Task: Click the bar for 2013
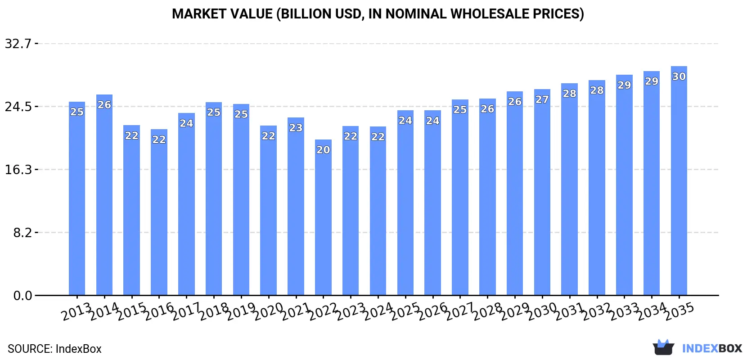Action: pyautogui.click(x=77, y=198)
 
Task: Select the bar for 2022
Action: pyautogui.click(x=323, y=217)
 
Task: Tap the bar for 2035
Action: pyautogui.click(x=679, y=181)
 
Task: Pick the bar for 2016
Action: pyautogui.click(x=159, y=212)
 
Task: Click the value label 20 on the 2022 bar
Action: pyautogui.click(x=323, y=150)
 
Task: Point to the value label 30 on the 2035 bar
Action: pyautogui.click(x=679, y=76)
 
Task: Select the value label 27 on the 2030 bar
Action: pyautogui.click(x=542, y=99)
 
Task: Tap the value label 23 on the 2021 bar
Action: pyautogui.click(x=296, y=128)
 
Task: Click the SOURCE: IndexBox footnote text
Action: pyautogui.click(x=55, y=349)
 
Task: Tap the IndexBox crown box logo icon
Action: pyautogui.click(x=663, y=347)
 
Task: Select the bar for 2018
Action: pyautogui.click(x=214, y=199)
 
